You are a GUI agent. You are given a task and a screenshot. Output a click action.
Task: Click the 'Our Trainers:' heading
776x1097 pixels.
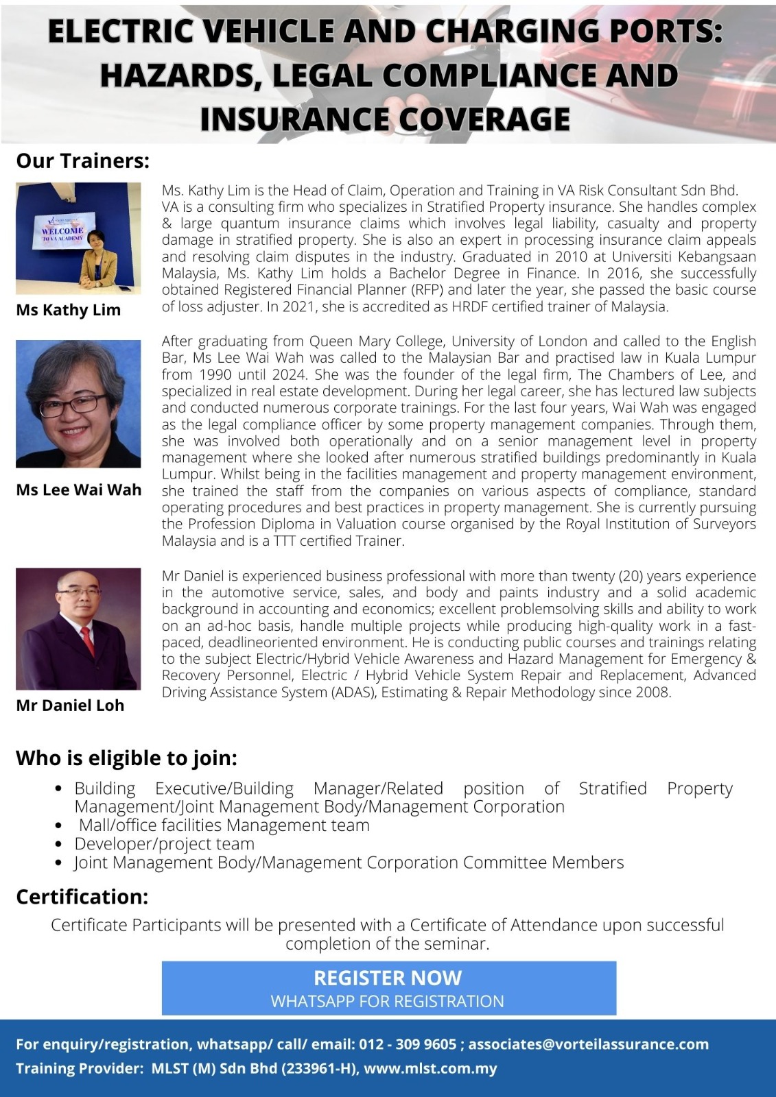pos(82,161)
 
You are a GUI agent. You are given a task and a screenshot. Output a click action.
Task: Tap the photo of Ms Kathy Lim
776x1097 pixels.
pos(78,238)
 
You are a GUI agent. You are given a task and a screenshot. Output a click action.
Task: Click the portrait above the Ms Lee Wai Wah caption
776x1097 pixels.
pos(78,404)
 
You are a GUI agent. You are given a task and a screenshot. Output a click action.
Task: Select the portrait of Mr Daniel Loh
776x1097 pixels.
pos(78,628)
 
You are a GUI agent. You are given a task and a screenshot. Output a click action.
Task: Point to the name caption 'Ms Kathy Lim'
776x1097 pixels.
pos(69,310)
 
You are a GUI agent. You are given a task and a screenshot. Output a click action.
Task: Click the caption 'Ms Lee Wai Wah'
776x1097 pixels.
pos(79,490)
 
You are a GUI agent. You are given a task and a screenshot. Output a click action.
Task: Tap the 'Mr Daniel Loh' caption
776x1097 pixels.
pos(70,706)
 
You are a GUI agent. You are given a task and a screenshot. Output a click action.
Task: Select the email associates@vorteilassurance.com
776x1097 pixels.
pos(588,1044)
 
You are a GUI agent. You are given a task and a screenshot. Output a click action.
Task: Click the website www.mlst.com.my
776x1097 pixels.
pos(430,1068)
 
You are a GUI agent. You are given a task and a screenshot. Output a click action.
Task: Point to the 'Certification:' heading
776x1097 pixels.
pos(82,897)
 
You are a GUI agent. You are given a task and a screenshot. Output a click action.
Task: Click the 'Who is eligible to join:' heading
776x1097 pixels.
pos(126,758)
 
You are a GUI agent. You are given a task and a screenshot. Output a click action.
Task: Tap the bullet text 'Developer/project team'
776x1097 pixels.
pos(165,844)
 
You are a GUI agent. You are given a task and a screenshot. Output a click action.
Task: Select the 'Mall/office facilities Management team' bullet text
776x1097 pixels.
pos(224,825)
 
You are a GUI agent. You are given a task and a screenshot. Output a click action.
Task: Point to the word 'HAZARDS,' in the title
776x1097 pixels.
pos(179,75)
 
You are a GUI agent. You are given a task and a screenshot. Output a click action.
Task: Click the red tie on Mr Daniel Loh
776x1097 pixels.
pos(88,641)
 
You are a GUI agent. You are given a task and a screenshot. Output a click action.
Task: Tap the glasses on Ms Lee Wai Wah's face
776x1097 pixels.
pos(73,405)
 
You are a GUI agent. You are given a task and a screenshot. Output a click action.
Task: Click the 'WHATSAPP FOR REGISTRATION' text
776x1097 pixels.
pos(388,1001)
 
